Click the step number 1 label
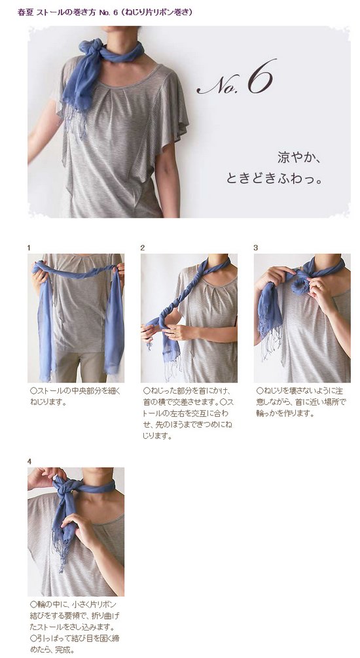(x=29, y=248)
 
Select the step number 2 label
(x=143, y=248)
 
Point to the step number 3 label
(x=255, y=248)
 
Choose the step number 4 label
(x=29, y=462)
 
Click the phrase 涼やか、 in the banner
(x=300, y=158)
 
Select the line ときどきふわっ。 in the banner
(x=274, y=179)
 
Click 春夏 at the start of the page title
(x=23, y=12)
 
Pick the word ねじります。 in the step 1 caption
(x=48, y=402)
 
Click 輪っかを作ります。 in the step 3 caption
(x=285, y=413)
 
